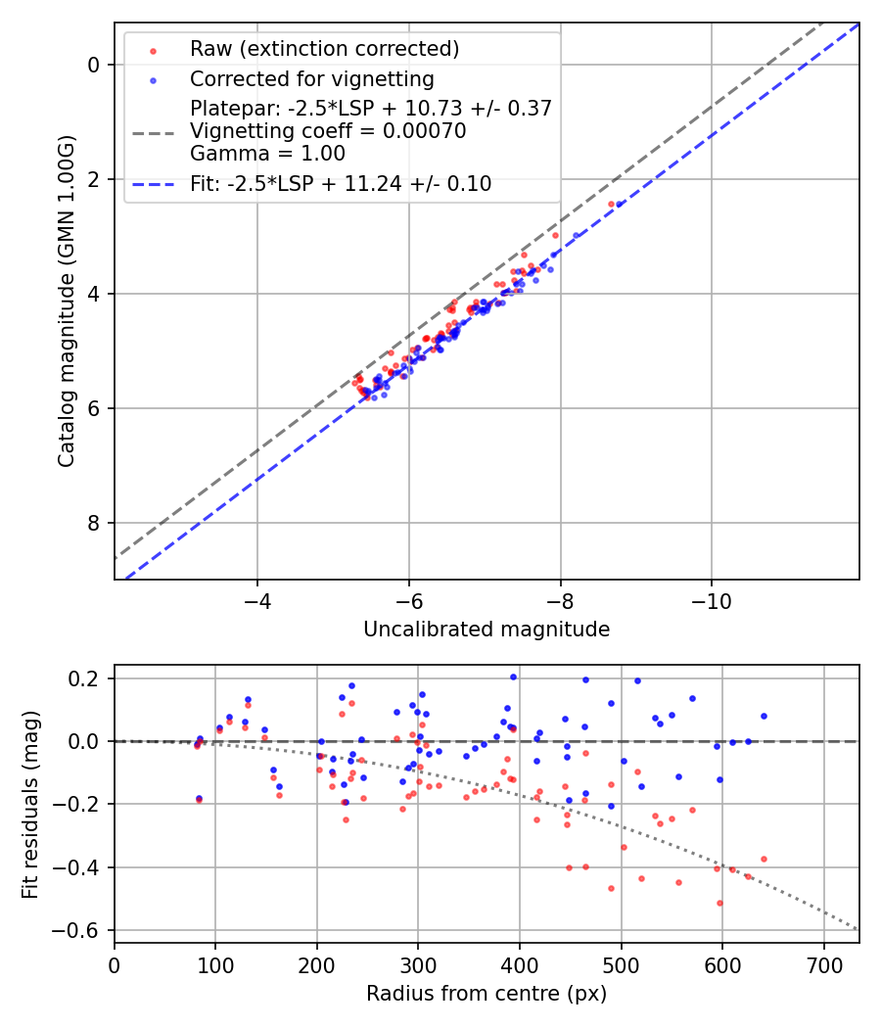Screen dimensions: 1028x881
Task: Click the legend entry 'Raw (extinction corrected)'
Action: [x=324, y=49]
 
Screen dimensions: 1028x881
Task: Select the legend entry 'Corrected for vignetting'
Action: [x=311, y=78]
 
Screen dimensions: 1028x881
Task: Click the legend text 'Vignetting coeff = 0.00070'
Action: [x=328, y=131]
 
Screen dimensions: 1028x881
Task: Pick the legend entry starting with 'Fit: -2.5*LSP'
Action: [x=341, y=183]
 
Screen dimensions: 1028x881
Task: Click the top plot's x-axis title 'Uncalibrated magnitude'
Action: [x=487, y=630]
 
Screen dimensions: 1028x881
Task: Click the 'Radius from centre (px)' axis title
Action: [x=487, y=994]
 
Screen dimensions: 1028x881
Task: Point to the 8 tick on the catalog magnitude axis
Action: [x=93, y=523]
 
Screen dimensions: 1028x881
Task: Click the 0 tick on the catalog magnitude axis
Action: [x=93, y=65]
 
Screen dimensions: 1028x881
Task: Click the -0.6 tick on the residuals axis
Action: [x=81, y=930]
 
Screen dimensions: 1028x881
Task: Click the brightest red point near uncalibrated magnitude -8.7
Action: [x=611, y=204]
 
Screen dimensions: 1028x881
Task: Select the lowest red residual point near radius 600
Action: [x=719, y=903]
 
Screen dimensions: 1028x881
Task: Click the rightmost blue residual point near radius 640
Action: [x=764, y=716]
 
